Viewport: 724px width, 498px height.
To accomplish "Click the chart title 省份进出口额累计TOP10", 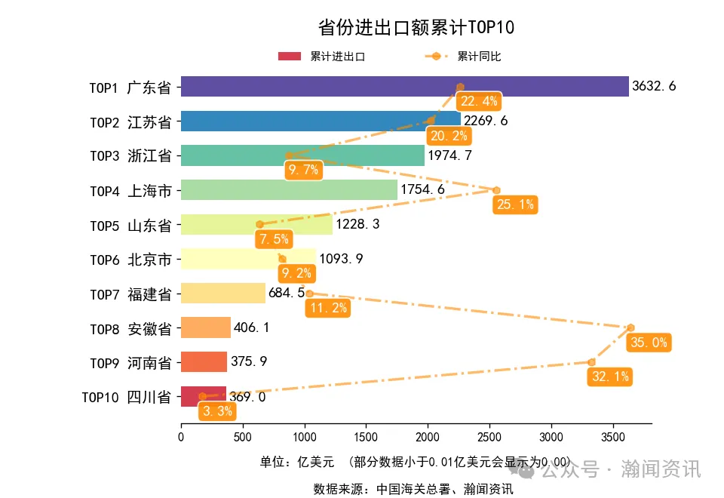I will [416, 28].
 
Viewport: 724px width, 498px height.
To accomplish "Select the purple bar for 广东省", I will [404, 87].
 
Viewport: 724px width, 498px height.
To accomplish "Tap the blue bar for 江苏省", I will [321, 121].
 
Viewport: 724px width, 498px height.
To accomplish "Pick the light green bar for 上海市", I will [289, 190].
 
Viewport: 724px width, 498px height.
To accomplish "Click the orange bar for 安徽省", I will [206, 328].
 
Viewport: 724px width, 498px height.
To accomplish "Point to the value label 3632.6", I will [654, 87].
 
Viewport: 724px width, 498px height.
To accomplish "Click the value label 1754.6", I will [422, 190].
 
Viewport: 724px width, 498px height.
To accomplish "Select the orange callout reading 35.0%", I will [648, 343].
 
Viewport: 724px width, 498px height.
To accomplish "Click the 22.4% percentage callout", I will [479, 101].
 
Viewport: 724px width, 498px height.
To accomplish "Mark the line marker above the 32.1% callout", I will [591, 362].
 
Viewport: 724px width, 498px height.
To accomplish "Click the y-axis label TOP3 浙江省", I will [130, 156].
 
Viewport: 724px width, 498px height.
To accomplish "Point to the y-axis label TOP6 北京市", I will [130, 260].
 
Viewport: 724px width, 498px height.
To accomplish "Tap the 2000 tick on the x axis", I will [428, 436].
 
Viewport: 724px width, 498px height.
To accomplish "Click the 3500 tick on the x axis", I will [613, 436].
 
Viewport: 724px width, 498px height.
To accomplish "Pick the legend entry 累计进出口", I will [322, 57].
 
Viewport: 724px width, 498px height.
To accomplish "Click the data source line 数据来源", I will [413, 489].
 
